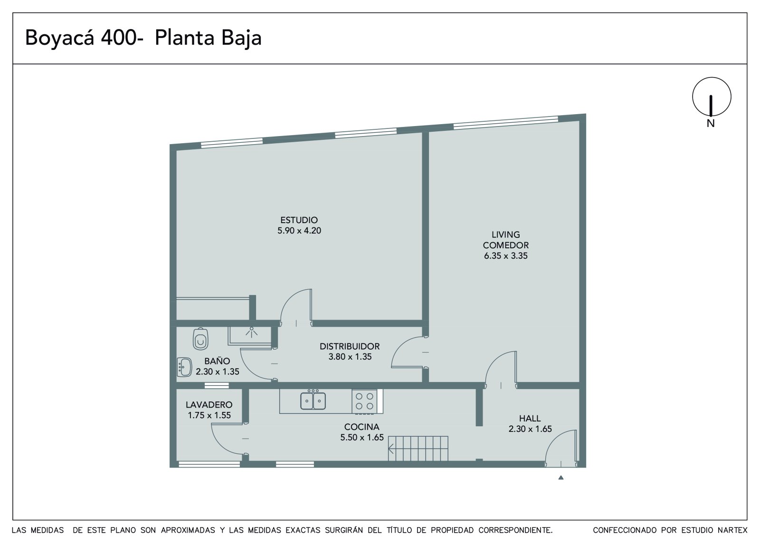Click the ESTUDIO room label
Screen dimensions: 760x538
click(299, 220)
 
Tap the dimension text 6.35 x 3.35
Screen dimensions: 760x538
click(505, 256)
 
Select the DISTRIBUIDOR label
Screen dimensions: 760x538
click(350, 346)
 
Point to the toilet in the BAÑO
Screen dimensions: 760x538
click(200, 339)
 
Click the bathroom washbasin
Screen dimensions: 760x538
click(184, 367)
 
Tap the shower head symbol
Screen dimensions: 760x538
click(251, 332)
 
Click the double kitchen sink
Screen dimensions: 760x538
click(313, 400)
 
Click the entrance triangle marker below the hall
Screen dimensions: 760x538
click(561, 478)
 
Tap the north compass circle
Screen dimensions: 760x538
click(712, 97)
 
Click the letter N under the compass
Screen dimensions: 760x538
click(711, 123)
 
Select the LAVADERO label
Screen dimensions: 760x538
click(209, 405)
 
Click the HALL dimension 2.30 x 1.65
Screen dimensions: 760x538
click(530, 429)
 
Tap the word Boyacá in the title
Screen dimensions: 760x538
click(59, 38)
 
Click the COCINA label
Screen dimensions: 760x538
click(361, 427)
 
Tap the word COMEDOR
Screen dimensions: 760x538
click(505, 245)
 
